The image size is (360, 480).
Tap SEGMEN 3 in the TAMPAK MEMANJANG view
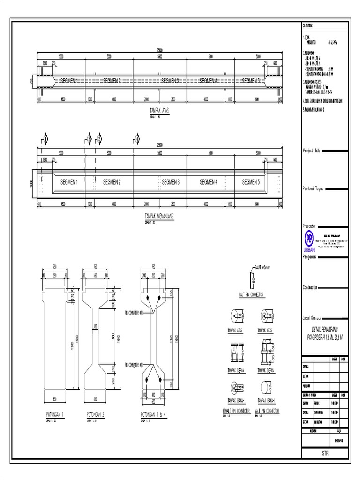pos(171,182)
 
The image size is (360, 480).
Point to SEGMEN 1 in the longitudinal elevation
pos(69,182)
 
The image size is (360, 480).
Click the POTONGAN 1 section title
pos(55,414)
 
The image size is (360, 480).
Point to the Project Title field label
pos(311,151)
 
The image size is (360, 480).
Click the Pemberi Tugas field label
pos(314,188)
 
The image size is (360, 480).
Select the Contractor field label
pos(313,287)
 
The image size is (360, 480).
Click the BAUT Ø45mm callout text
pos(263,267)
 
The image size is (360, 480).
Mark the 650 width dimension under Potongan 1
pos(55,399)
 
